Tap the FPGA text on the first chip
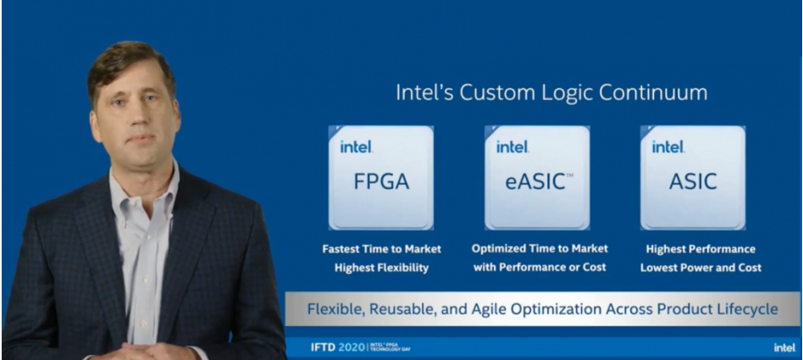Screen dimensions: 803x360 click(x=381, y=181)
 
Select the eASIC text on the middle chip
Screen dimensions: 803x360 click(x=535, y=182)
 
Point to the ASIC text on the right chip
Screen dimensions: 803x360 click(x=693, y=181)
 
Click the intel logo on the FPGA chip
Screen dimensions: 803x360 click(x=357, y=147)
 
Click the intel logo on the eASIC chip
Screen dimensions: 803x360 click(x=512, y=147)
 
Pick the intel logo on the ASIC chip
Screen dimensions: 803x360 click(x=668, y=147)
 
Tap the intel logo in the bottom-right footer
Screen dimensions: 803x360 click(x=784, y=347)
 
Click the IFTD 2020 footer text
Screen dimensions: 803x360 click(x=337, y=347)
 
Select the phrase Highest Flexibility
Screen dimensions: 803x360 click(x=381, y=268)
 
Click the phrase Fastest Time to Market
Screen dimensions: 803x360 click(x=381, y=249)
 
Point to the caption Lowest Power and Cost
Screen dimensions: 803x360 click(x=701, y=268)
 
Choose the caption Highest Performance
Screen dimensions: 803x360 click(x=701, y=249)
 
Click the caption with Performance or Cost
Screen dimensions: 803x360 click(x=540, y=267)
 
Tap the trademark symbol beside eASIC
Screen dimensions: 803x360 click(x=569, y=175)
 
